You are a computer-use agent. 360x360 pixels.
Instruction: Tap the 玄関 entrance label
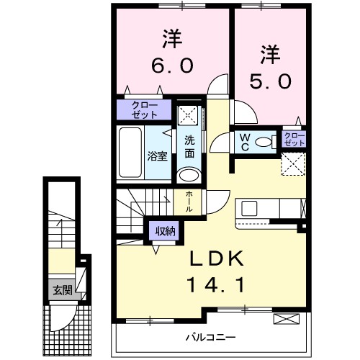click(61, 291)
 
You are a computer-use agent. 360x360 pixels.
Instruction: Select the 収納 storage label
click(163, 231)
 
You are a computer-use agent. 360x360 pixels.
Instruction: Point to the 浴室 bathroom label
click(158, 155)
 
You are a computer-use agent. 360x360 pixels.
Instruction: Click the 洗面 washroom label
click(189, 146)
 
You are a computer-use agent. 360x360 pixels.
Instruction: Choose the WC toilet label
click(244, 141)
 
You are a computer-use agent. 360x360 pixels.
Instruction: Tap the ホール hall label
click(189, 199)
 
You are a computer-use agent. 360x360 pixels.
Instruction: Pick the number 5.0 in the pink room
click(271, 81)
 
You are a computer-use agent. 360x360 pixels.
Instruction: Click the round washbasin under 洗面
click(189, 175)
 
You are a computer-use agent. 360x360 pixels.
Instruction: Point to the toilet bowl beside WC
click(266, 142)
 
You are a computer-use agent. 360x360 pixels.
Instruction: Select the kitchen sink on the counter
click(249, 209)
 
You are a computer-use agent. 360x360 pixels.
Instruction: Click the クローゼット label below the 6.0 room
click(145, 109)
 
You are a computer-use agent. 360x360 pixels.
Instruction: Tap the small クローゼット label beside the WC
click(294, 139)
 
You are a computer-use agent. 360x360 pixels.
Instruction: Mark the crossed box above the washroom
click(189, 114)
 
